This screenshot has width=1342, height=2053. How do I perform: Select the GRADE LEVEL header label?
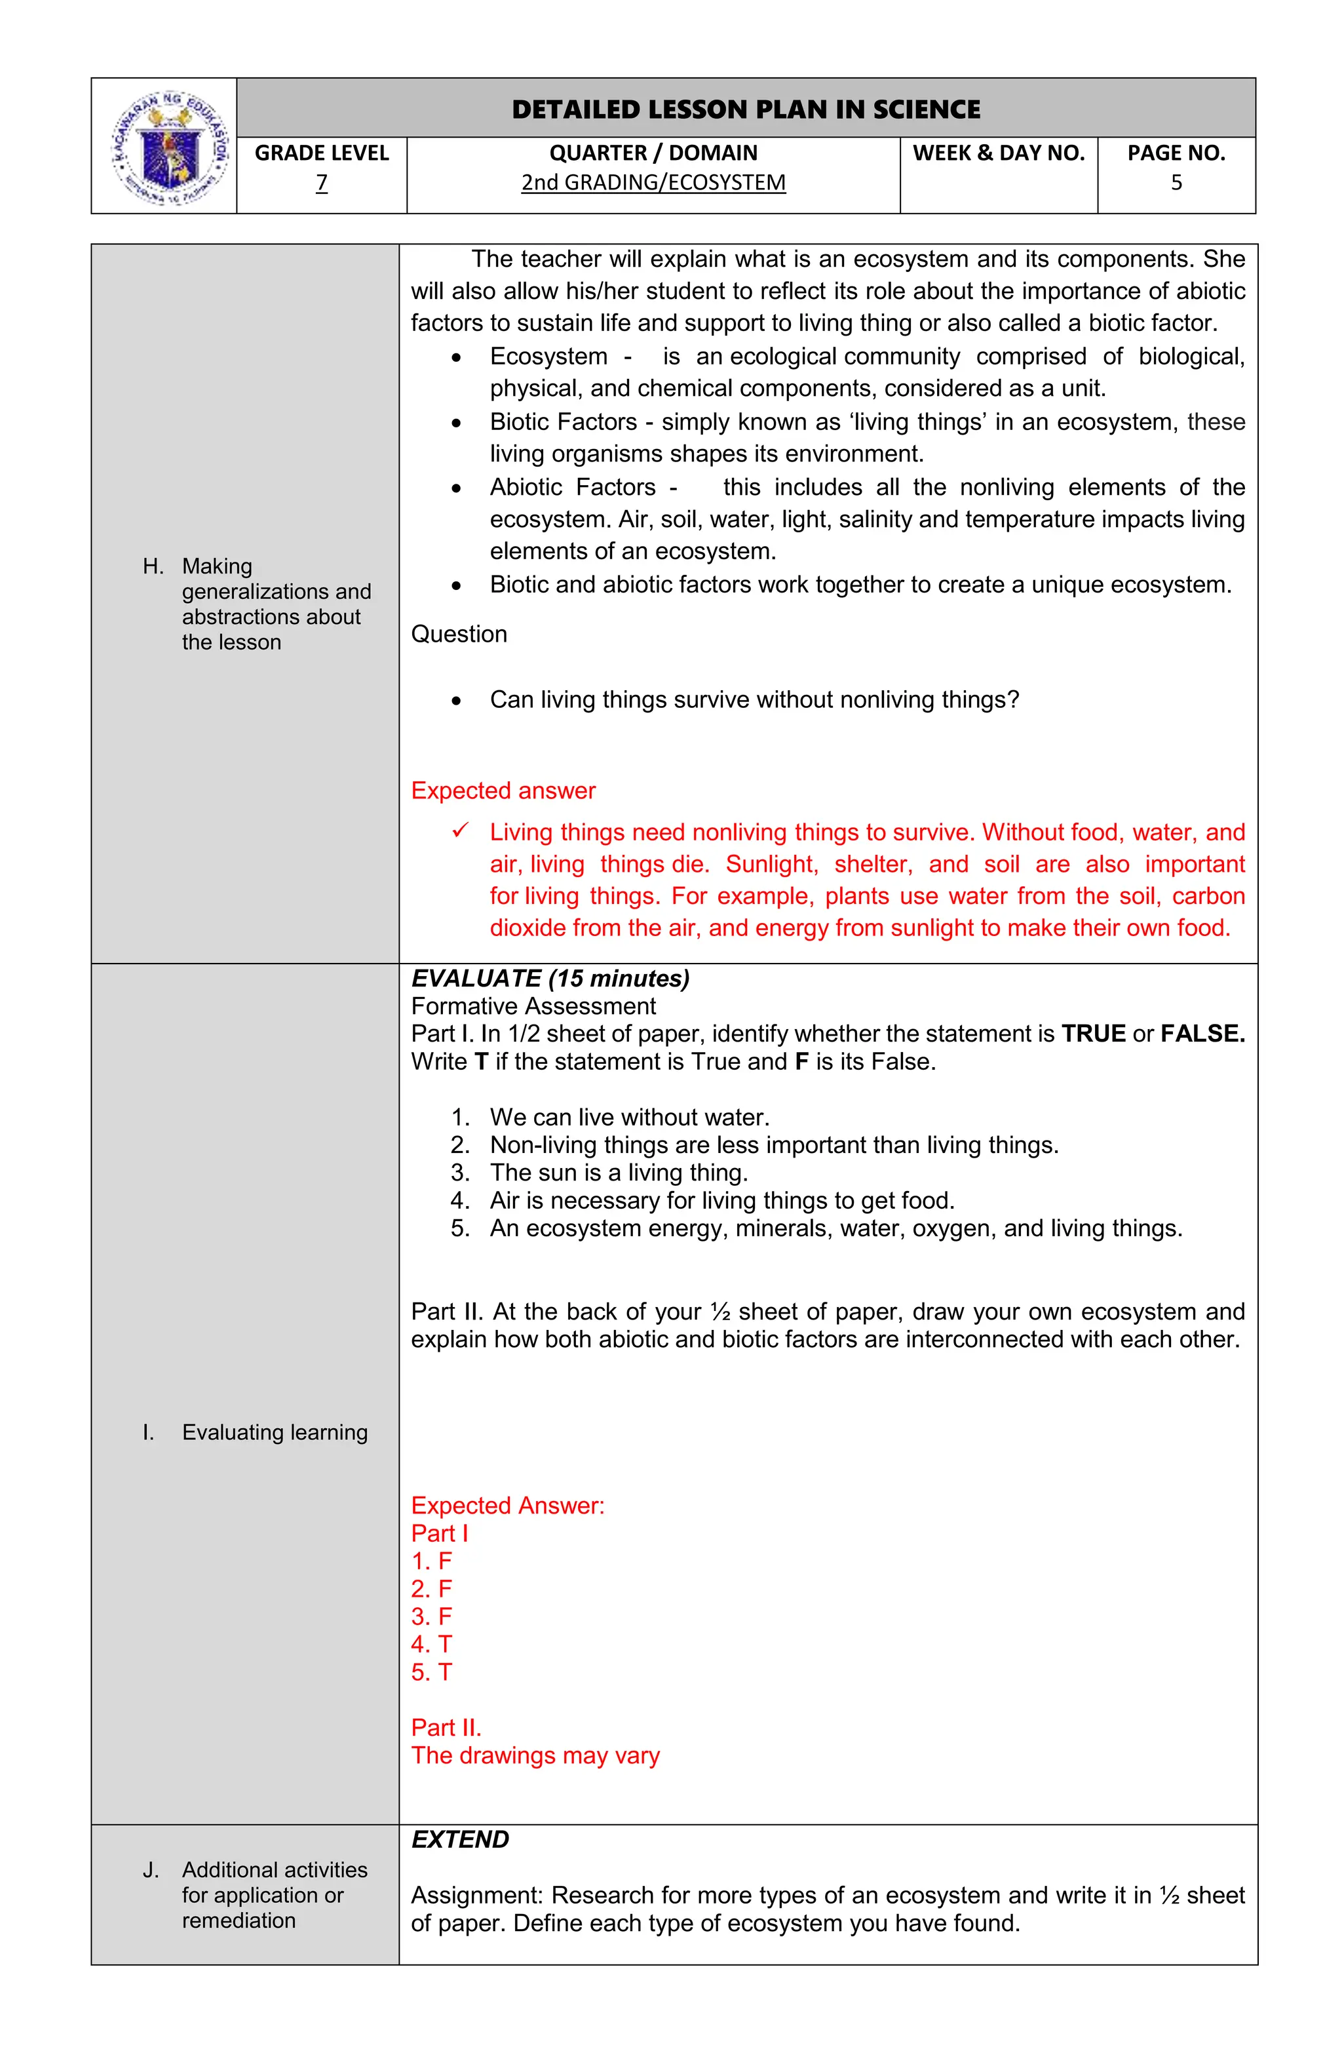click(x=322, y=153)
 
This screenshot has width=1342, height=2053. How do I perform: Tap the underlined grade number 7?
click(x=322, y=183)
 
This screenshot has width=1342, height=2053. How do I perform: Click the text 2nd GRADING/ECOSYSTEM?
click(x=653, y=183)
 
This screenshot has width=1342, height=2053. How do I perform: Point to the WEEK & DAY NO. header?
click(x=998, y=153)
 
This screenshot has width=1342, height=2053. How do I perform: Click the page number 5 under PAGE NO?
click(x=1176, y=183)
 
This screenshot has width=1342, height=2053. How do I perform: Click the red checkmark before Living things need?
click(x=460, y=831)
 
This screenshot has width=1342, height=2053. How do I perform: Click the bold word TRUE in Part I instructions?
click(x=1093, y=1034)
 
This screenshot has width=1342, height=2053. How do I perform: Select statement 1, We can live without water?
click(x=629, y=1117)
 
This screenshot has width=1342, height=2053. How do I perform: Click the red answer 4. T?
click(x=431, y=1644)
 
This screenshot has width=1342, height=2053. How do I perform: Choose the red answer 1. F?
click(x=431, y=1561)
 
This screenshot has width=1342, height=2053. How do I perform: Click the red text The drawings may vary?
click(x=535, y=1755)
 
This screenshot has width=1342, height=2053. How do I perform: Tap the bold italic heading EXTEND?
click(x=460, y=1840)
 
